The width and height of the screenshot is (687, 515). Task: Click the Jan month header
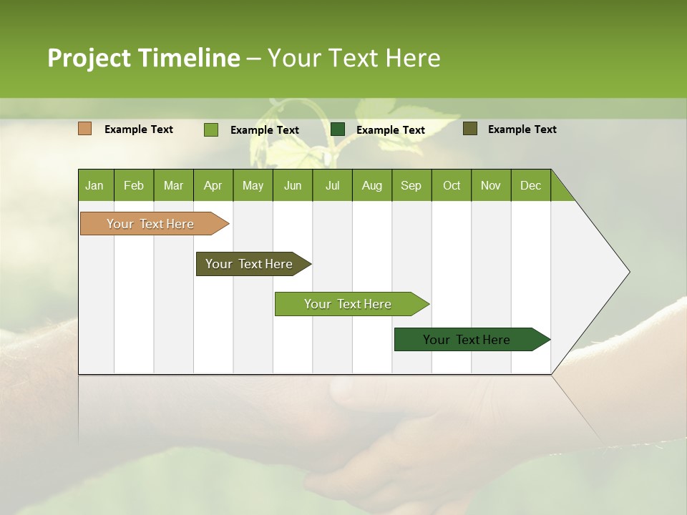(95, 185)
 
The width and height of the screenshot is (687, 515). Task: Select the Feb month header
(134, 185)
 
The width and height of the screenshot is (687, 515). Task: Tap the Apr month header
(213, 185)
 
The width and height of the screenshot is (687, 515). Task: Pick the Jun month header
(293, 185)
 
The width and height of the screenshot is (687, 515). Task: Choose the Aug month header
(372, 185)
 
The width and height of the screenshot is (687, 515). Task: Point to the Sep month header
(411, 185)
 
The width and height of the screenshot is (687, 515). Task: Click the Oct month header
(452, 185)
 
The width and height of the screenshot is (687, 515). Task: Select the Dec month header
(531, 185)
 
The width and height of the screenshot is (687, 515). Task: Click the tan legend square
(85, 129)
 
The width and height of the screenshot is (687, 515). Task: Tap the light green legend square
(211, 129)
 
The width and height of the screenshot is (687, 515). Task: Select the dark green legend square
(338, 129)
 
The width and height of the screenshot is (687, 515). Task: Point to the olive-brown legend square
(470, 129)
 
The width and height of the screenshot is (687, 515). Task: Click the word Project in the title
(89, 58)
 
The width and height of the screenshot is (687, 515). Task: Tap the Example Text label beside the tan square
(139, 129)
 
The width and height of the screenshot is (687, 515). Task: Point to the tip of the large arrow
(628, 272)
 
